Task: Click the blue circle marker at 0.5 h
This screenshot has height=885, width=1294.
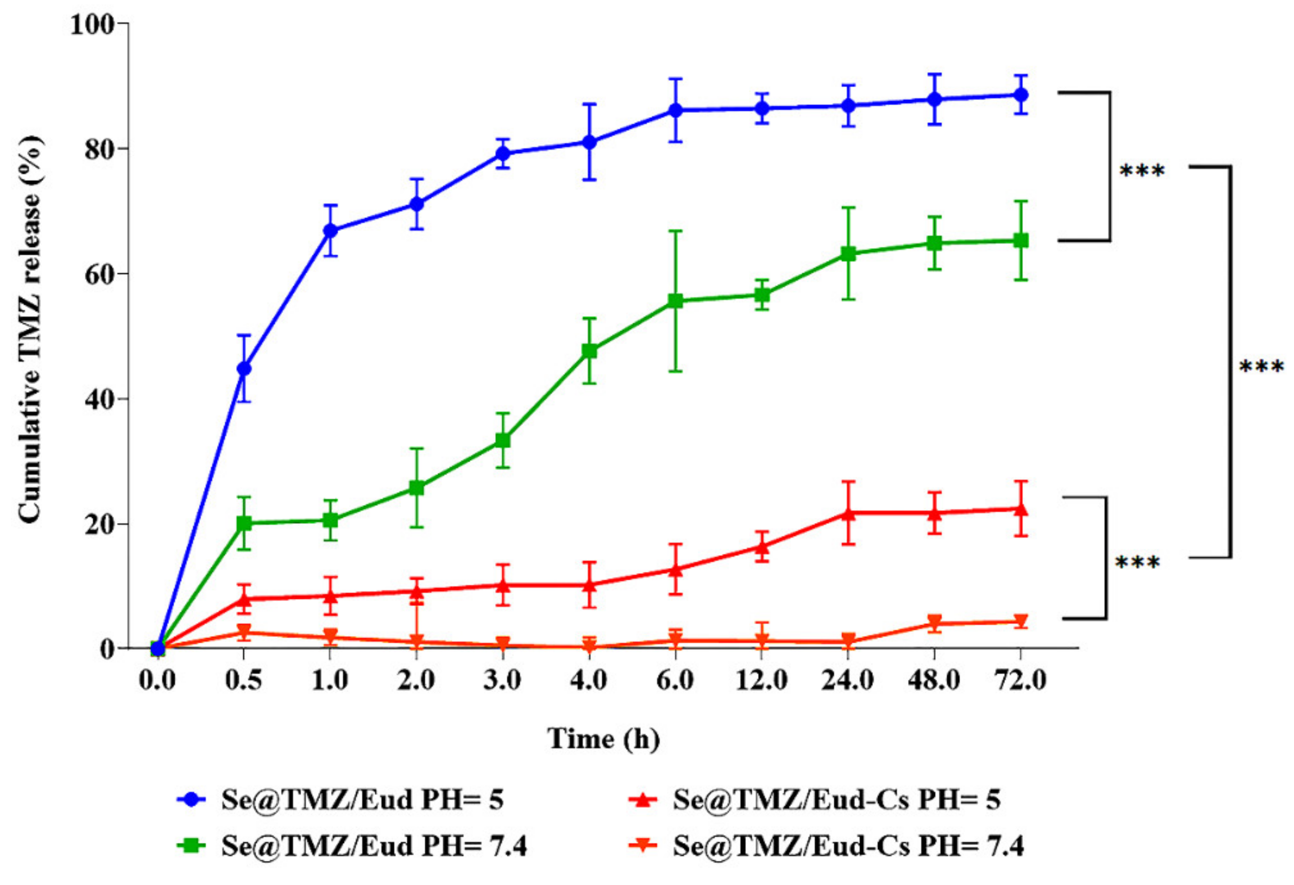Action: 244,369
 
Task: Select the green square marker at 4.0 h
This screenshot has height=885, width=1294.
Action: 589,352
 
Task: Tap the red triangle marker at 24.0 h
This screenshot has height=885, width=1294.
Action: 848,513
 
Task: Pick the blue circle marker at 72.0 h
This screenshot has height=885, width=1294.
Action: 1021,95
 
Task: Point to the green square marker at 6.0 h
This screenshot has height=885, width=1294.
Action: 675,301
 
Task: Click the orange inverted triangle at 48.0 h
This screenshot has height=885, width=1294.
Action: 935,622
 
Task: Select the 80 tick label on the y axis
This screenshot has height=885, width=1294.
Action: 99,149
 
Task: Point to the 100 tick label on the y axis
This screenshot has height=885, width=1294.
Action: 92,25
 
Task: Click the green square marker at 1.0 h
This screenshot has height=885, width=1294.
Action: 330,520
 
